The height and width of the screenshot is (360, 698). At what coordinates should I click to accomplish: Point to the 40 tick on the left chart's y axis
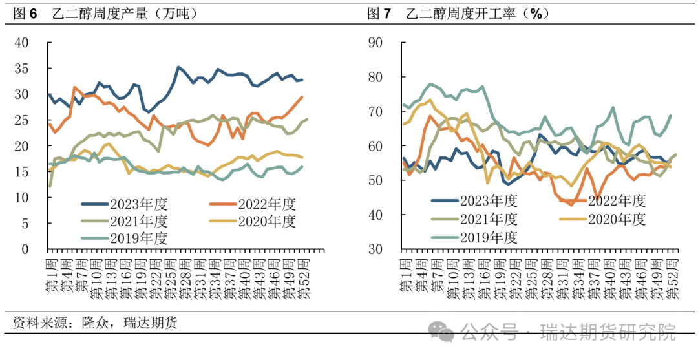pyautogui.click(x=22, y=43)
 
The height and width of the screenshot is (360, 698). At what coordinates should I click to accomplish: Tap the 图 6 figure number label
pyautogui.click(x=25, y=14)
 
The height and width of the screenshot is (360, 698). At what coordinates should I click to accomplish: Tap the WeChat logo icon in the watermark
pyautogui.click(x=445, y=332)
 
